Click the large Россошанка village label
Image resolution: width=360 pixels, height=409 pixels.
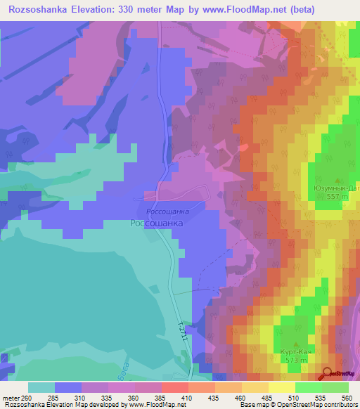tap(157, 223)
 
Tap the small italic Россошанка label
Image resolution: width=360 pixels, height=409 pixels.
tap(167, 211)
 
